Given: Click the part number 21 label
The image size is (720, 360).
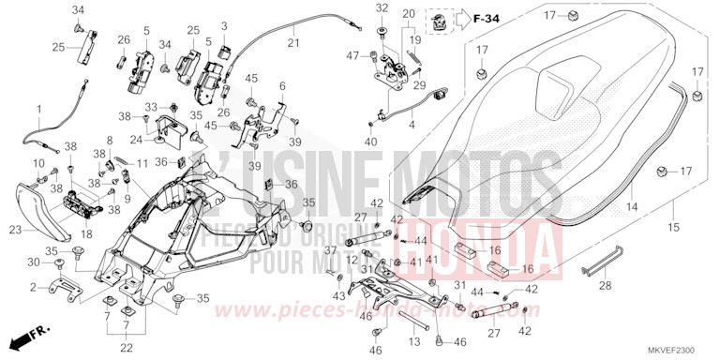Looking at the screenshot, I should pos(292,42).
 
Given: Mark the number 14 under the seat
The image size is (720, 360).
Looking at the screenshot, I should pos(631,205).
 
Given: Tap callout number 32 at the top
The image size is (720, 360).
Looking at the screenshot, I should pos(382,8).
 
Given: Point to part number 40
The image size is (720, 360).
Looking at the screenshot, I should pos(372,141).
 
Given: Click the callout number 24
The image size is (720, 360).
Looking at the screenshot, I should pos(135,141).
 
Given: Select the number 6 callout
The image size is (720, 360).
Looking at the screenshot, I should pos(282,85).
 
